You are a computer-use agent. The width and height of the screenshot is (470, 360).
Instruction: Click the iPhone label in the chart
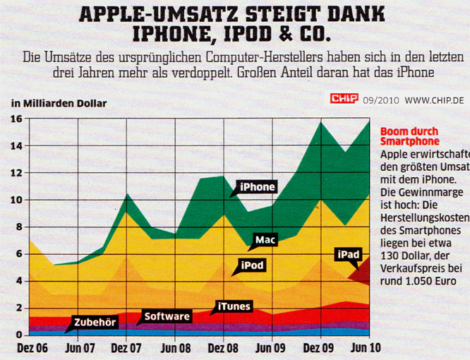point(257,187)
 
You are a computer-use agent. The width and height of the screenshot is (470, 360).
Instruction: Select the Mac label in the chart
point(265,240)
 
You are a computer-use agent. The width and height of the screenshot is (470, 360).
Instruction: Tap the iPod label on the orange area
point(253,266)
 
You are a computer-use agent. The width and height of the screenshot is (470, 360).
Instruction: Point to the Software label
point(167,316)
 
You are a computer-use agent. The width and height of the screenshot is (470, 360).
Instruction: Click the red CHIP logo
point(344,100)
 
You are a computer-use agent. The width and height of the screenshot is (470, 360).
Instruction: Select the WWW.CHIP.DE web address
point(434,101)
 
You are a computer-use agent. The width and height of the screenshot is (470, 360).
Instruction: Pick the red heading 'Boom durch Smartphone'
point(409,136)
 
